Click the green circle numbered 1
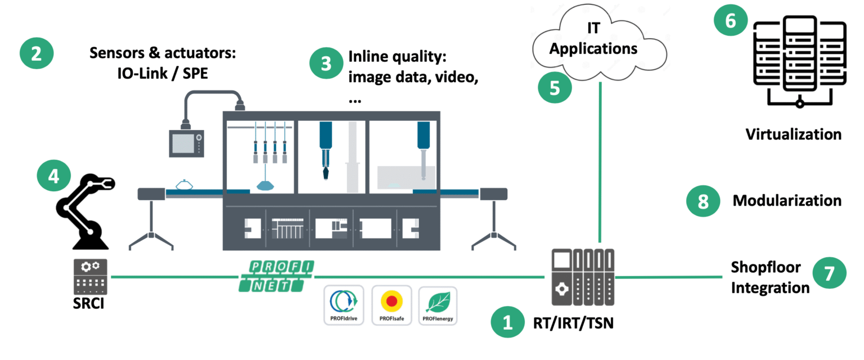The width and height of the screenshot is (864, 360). [x=507, y=322]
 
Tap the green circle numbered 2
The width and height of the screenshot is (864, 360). [x=37, y=54]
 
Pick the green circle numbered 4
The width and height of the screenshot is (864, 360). [x=53, y=177]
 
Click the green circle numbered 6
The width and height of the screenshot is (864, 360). [x=730, y=21]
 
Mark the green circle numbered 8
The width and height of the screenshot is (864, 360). [x=703, y=201]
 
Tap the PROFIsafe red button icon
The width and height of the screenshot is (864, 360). [x=391, y=302]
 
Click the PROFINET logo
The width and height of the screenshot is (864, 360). [x=275, y=276]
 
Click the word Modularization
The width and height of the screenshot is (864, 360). [x=786, y=201]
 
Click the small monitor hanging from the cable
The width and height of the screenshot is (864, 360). [x=187, y=142]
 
